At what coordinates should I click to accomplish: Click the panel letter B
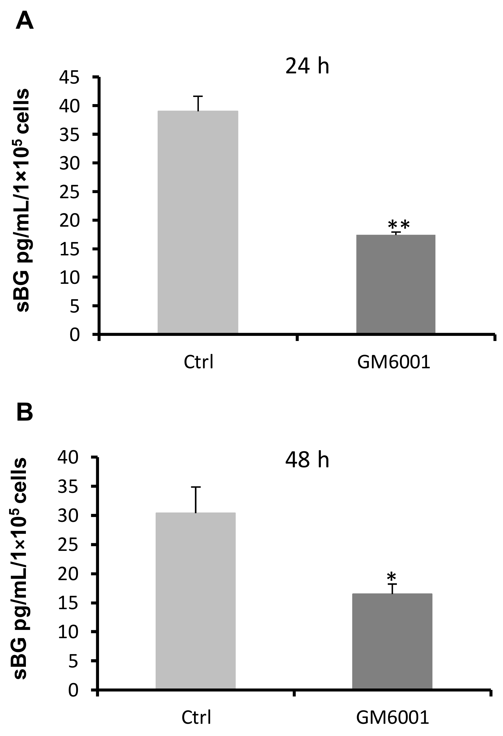(x=24, y=412)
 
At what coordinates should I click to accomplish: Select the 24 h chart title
(x=307, y=67)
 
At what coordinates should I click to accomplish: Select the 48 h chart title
(x=307, y=460)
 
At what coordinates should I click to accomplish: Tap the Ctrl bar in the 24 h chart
(x=198, y=222)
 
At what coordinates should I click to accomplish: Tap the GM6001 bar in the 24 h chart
(x=396, y=284)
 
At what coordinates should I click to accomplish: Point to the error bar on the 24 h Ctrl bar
(x=198, y=103)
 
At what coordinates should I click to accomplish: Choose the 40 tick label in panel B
(x=68, y=457)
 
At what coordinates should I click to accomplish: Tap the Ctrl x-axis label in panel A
(x=199, y=362)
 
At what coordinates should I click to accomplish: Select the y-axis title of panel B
(x=20, y=568)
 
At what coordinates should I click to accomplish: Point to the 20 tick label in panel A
(x=69, y=220)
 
